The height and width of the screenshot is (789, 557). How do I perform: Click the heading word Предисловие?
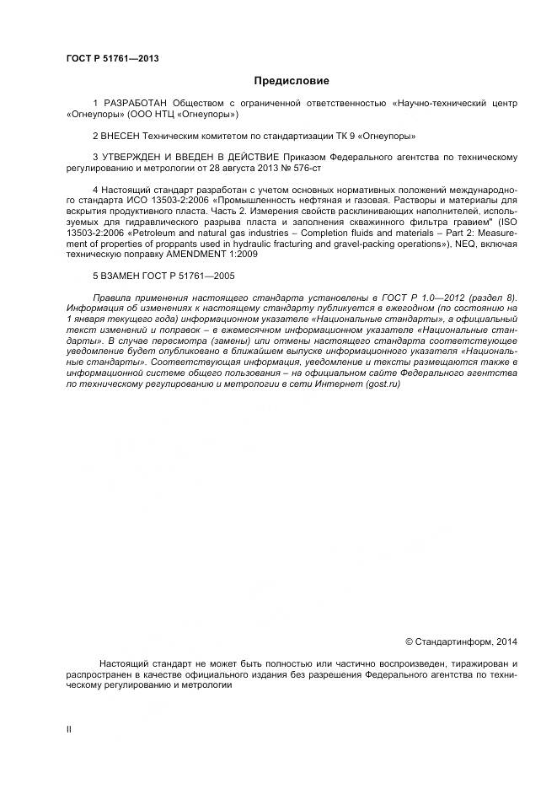pyautogui.click(x=292, y=81)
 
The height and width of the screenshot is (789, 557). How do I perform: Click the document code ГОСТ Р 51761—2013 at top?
pyautogui.click(x=112, y=58)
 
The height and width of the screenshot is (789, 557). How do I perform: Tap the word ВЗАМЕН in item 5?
pyautogui.click(x=123, y=276)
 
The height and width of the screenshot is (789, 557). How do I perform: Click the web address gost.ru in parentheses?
pyautogui.click(x=383, y=384)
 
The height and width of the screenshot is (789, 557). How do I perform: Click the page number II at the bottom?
pyautogui.click(x=68, y=728)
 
